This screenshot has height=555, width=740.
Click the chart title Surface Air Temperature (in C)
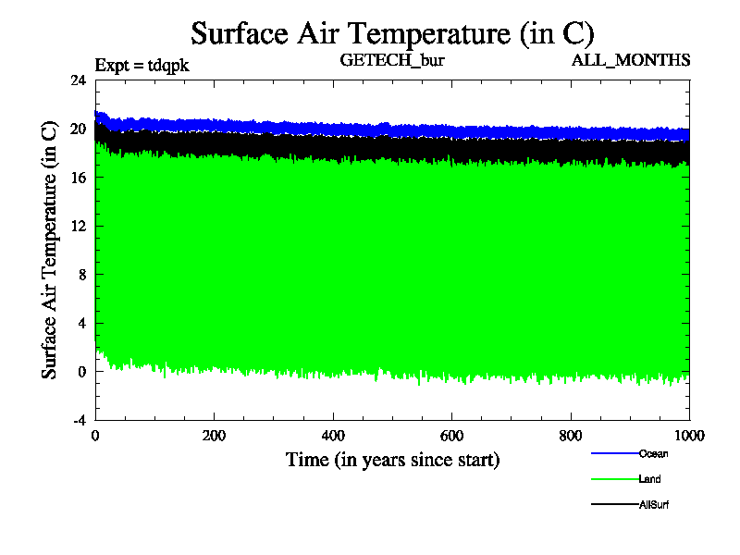[392, 33]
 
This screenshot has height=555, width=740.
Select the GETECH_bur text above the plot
[393, 61]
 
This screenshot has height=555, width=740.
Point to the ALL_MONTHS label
[631, 61]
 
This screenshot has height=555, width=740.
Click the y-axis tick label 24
[79, 80]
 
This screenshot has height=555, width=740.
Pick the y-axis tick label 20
[79, 129]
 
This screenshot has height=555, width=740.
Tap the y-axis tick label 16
[79, 178]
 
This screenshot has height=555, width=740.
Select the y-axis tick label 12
[79, 226]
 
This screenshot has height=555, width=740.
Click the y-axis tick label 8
[82, 275]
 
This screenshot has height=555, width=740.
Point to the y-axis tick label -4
[80, 420]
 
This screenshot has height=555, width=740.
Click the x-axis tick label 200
[214, 437]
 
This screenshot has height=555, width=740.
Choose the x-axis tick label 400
[333, 437]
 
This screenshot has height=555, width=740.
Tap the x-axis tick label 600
[451, 437]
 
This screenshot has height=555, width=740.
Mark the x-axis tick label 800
[571, 437]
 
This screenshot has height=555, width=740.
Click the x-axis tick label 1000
[687, 437]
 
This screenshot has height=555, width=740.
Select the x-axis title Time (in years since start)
[392, 459]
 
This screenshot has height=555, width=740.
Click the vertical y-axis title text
[50, 250]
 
